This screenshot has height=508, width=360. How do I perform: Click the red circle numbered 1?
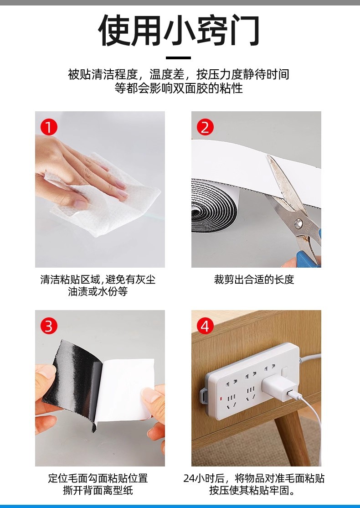(49, 127)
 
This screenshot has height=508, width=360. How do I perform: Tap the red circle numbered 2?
(205, 127)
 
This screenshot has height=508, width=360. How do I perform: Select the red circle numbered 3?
(49, 326)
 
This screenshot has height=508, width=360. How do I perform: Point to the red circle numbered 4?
(205, 326)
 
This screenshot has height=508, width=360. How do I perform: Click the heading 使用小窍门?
(179, 30)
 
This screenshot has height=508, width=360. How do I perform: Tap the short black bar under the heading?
(178, 58)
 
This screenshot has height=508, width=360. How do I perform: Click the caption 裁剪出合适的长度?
(254, 279)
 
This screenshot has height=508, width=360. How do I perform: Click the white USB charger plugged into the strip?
(279, 387)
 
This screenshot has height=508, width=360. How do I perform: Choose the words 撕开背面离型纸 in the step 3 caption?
(98, 490)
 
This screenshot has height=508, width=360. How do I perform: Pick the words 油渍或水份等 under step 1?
(98, 291)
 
